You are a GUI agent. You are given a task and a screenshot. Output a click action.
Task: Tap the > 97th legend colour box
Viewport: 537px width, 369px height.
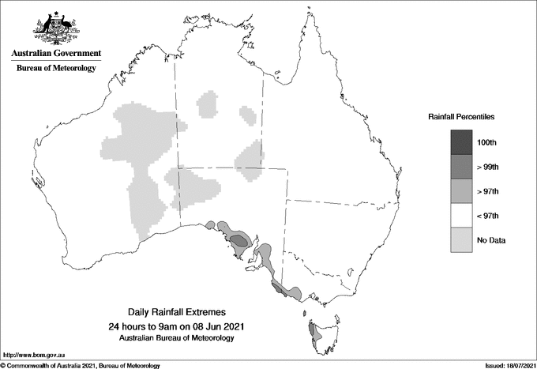tap(462, 190)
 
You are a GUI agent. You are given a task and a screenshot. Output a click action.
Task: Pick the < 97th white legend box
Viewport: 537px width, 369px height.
tap(462, 215)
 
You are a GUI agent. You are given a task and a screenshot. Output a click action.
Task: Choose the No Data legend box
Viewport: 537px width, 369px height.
tap(462, 239)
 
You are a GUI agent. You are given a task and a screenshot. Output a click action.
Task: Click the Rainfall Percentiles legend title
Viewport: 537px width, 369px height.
tap(461, 116)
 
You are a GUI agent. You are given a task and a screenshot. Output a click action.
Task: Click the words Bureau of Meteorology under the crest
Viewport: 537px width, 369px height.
tap(56, 69)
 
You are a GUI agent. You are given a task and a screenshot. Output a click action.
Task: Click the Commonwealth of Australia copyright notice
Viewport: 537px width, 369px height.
tap(82, 365)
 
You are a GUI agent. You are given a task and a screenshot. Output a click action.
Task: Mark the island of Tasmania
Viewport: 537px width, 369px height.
tap(319, 333)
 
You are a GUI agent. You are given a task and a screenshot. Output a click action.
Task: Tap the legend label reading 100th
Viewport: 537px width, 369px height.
tap(486, 142)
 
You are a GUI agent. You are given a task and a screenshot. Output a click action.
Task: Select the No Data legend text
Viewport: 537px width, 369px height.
tap(490, 240)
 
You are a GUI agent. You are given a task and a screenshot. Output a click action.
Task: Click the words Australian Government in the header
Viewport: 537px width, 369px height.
tap(56, 54)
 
